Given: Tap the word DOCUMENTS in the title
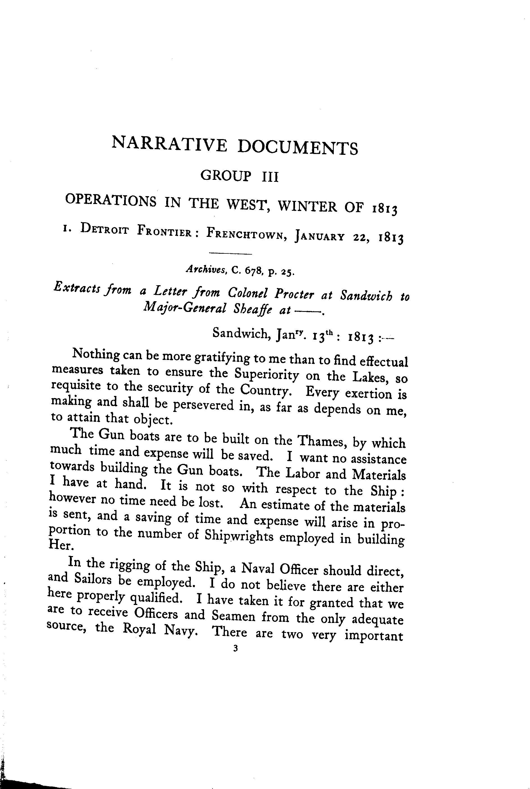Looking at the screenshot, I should pos(298,148).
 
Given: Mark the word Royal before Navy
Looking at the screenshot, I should pos(139,629).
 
